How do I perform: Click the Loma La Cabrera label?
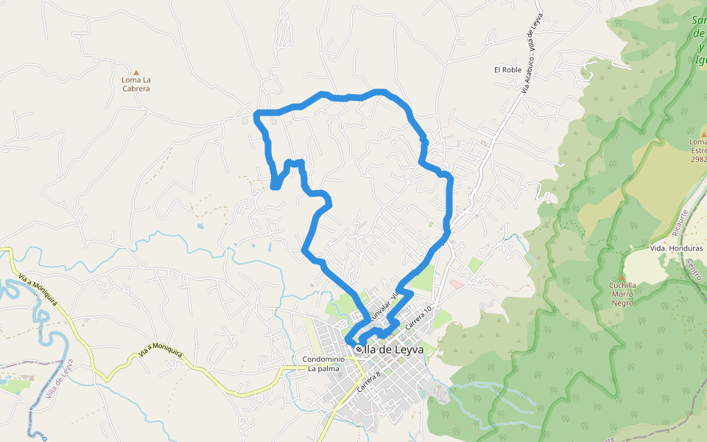[136, 84]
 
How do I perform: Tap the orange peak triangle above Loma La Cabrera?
[136, 72]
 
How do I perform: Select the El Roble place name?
[507, 69]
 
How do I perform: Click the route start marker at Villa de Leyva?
[359, 349]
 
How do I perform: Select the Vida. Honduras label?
[676, 248]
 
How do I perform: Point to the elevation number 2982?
[699, 158]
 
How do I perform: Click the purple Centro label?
[693, 269]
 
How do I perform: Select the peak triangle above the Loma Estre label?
[703, 133]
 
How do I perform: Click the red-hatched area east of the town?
[457, 284]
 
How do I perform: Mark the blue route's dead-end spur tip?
[275, 186]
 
